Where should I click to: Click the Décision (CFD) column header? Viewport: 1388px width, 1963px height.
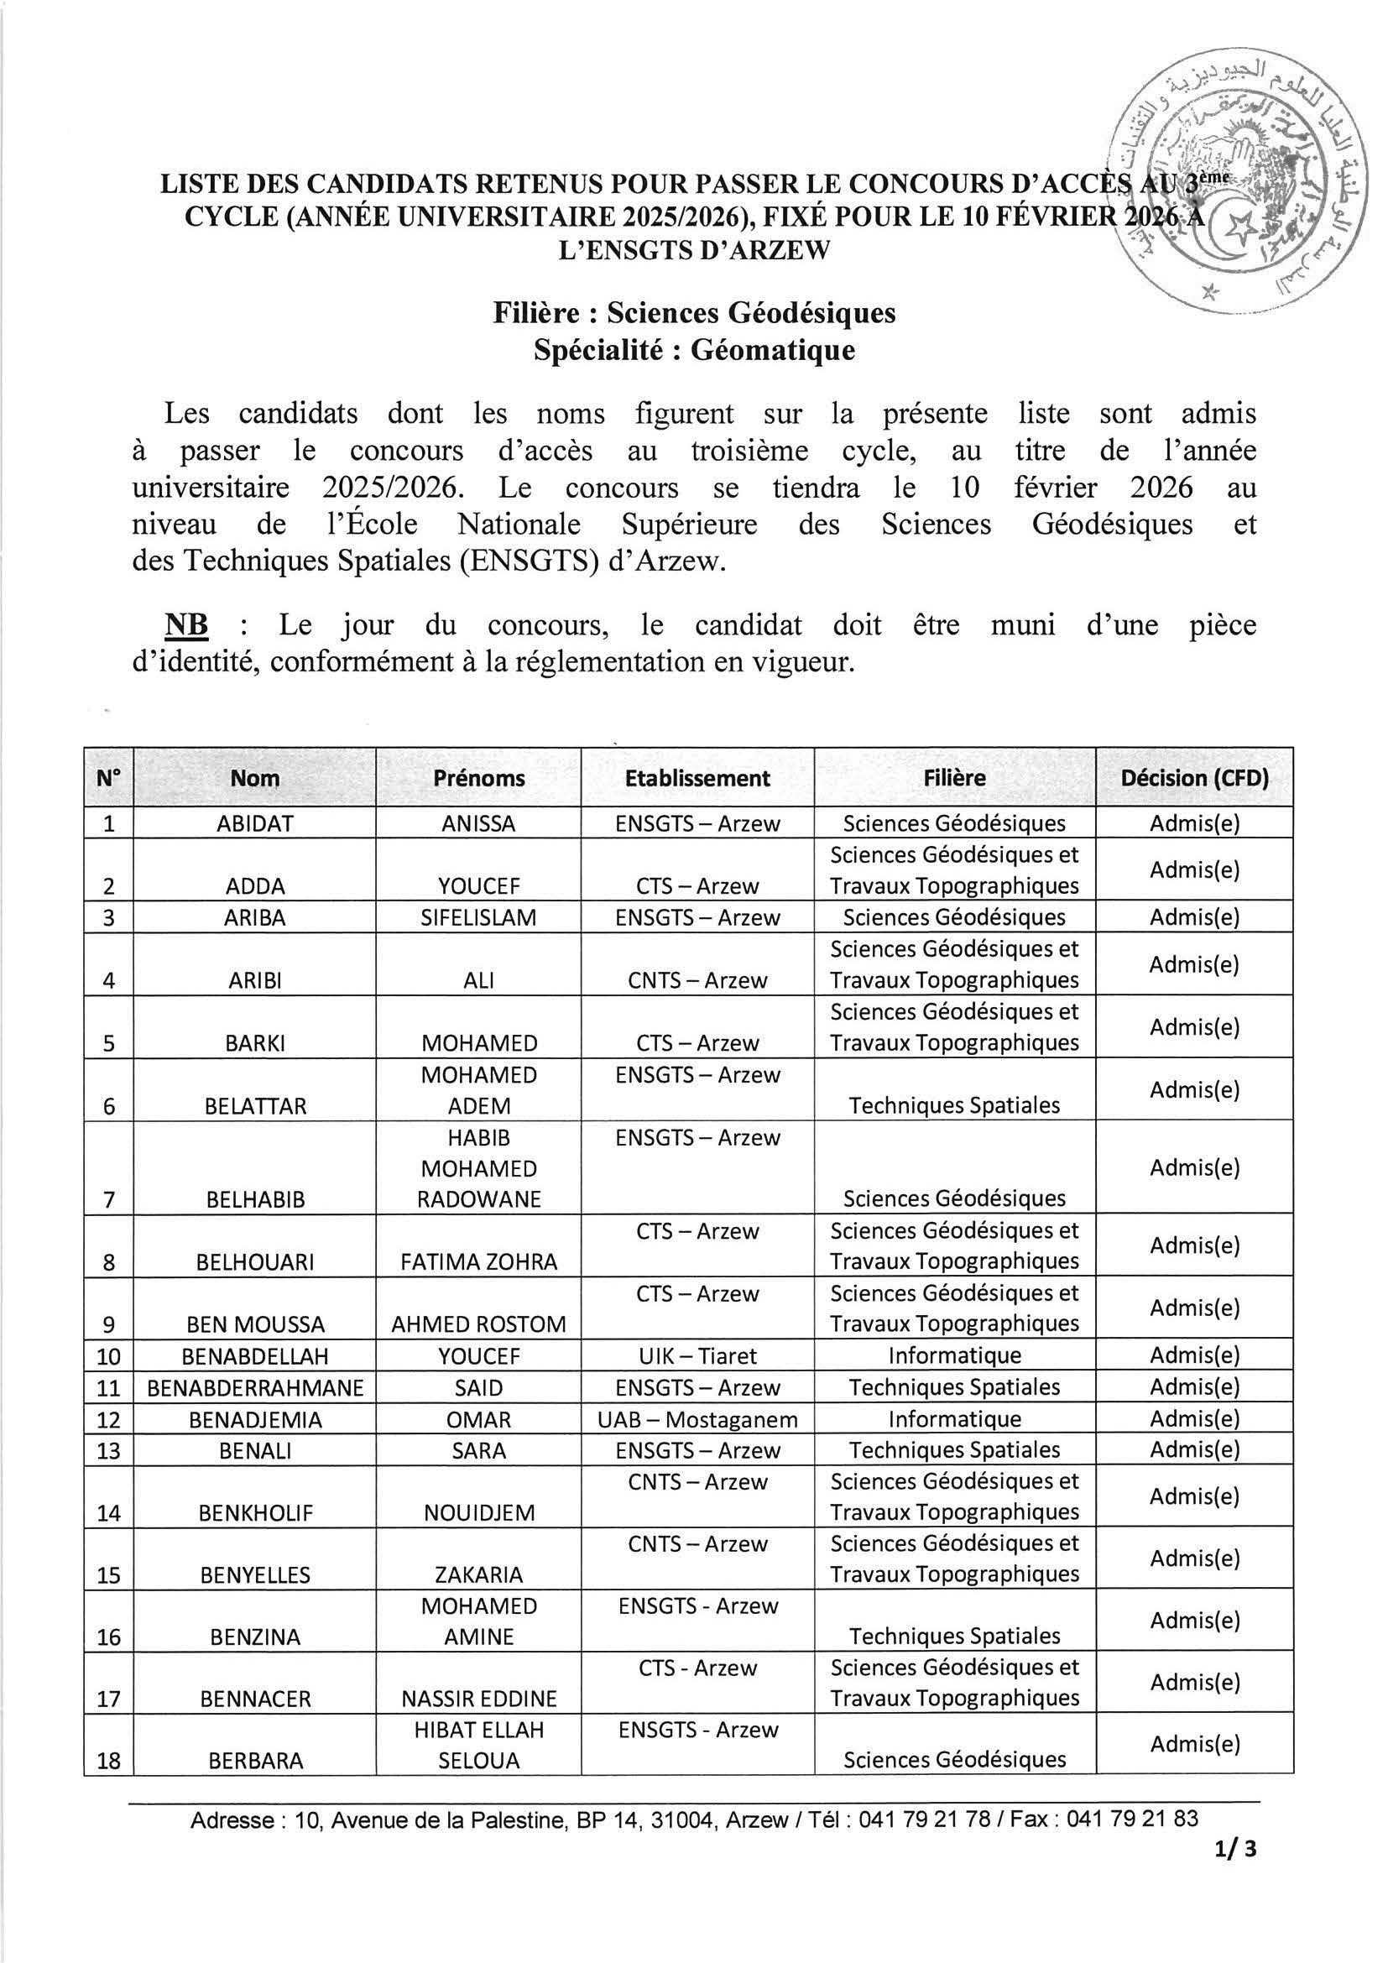point(1194,778)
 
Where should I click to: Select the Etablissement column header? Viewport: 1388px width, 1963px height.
point(697,778)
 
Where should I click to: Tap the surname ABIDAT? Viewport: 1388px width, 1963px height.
point(256,823)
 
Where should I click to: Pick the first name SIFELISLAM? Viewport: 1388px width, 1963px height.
point(478,917)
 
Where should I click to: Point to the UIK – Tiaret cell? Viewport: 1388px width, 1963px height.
point(697,1355)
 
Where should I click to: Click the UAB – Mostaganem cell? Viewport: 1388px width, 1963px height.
point(697,1419)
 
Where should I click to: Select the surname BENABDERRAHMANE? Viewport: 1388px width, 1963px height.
point(256,1387)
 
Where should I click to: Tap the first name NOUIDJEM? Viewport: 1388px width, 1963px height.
point(478,1513)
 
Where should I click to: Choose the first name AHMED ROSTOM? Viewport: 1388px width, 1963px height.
point(478,1324)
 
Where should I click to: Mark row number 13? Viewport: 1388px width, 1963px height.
point(108,1451)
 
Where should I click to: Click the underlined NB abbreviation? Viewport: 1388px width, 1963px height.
point(186,625)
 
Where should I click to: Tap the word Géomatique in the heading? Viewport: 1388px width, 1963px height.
point(772,351)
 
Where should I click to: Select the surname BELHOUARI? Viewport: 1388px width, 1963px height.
point(256,1262)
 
